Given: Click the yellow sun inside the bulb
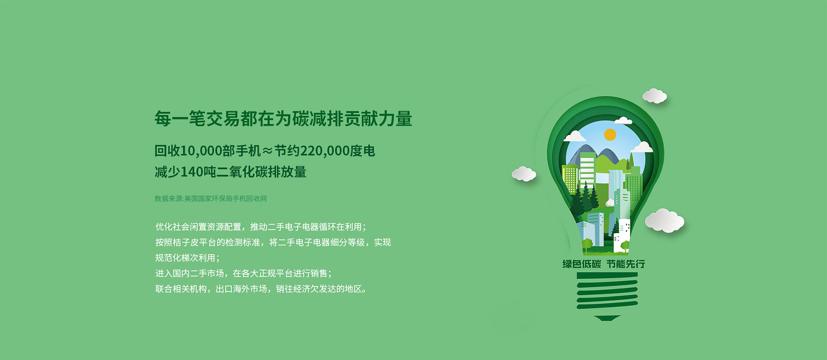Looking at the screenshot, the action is (610, 135).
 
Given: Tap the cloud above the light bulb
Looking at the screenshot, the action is (655, 96).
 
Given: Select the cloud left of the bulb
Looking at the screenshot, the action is (524, 174).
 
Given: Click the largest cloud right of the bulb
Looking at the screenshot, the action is (665, 220).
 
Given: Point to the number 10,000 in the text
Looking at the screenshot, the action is (201, 151).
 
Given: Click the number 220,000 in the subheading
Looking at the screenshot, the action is (325, 151).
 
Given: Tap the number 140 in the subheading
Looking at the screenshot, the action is (192, 172).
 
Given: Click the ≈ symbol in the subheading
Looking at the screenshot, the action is (267, 151).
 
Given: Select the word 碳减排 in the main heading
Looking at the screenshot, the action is (318, 119).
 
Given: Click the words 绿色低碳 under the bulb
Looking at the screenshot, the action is (581, 264).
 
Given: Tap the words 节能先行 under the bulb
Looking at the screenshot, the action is (626, 264).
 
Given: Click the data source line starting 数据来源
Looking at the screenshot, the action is (211, 199).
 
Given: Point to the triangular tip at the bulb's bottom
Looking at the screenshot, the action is (607, 318).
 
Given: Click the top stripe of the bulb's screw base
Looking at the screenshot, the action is (607, 276).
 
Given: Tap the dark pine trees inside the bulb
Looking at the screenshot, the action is (583, 199).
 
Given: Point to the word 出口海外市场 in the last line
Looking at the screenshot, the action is (241, 289).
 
